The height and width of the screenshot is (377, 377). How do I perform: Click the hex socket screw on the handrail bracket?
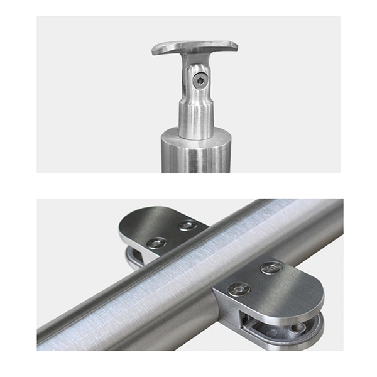(x=200, y=80)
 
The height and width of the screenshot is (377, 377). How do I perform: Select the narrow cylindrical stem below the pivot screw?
(x=195, y=119)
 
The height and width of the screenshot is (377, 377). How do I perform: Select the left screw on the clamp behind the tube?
(x=156, y=242)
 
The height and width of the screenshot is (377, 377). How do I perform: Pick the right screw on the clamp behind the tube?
(x=187, y=225)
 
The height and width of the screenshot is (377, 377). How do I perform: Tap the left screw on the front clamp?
(x=239, y=289)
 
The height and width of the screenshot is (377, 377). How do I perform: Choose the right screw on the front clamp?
(x=271, y=268)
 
